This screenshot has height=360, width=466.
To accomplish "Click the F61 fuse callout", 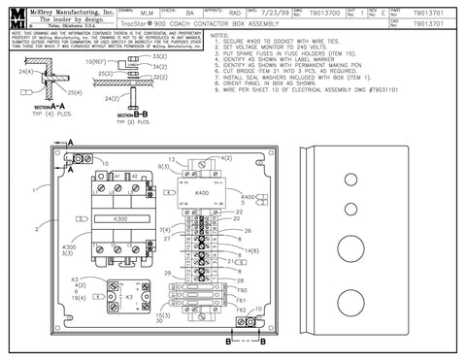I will [243, 299].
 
